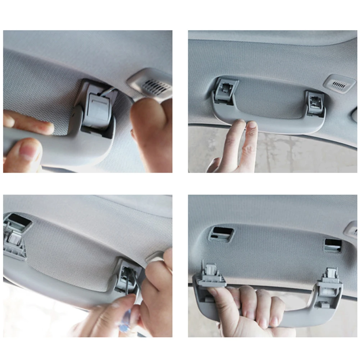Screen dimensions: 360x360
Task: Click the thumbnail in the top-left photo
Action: pyautogui.click(x=27, y=151)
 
